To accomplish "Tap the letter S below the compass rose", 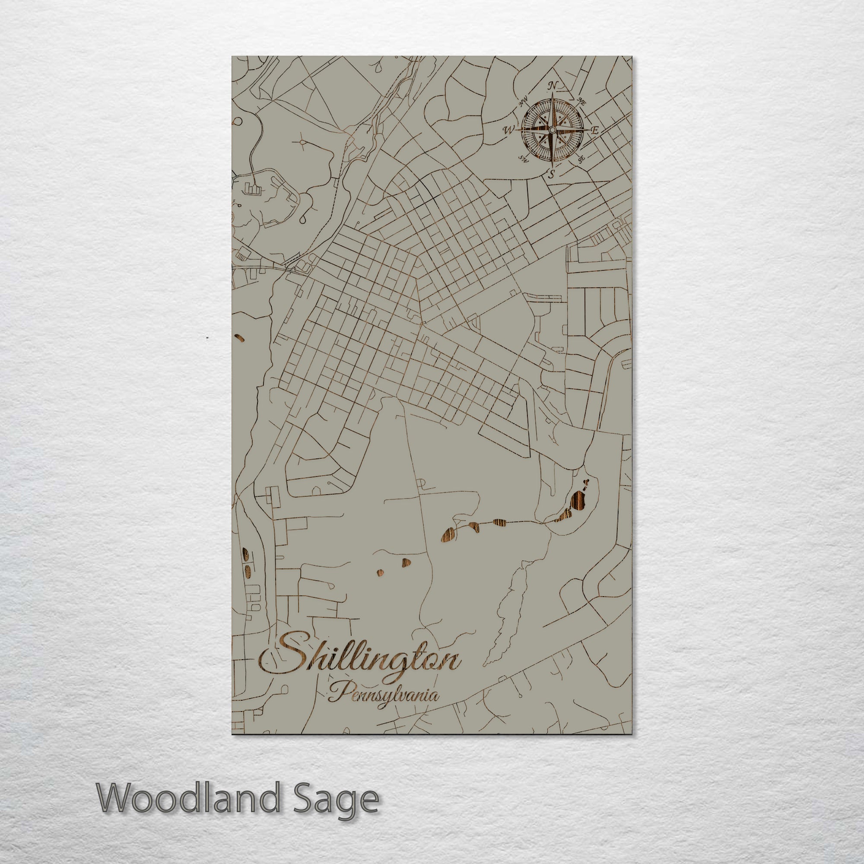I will click(x=552, y=175).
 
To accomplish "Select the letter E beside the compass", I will click(x=595, y=130).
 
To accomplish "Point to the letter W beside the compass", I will click(x=508, y=130).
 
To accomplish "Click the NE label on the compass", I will click(x=582, y=101).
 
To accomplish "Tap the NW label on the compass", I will click(x=523, y=102).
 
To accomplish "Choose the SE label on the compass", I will click(x=581, y=158).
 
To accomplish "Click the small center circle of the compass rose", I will click(x=552, y=130).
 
